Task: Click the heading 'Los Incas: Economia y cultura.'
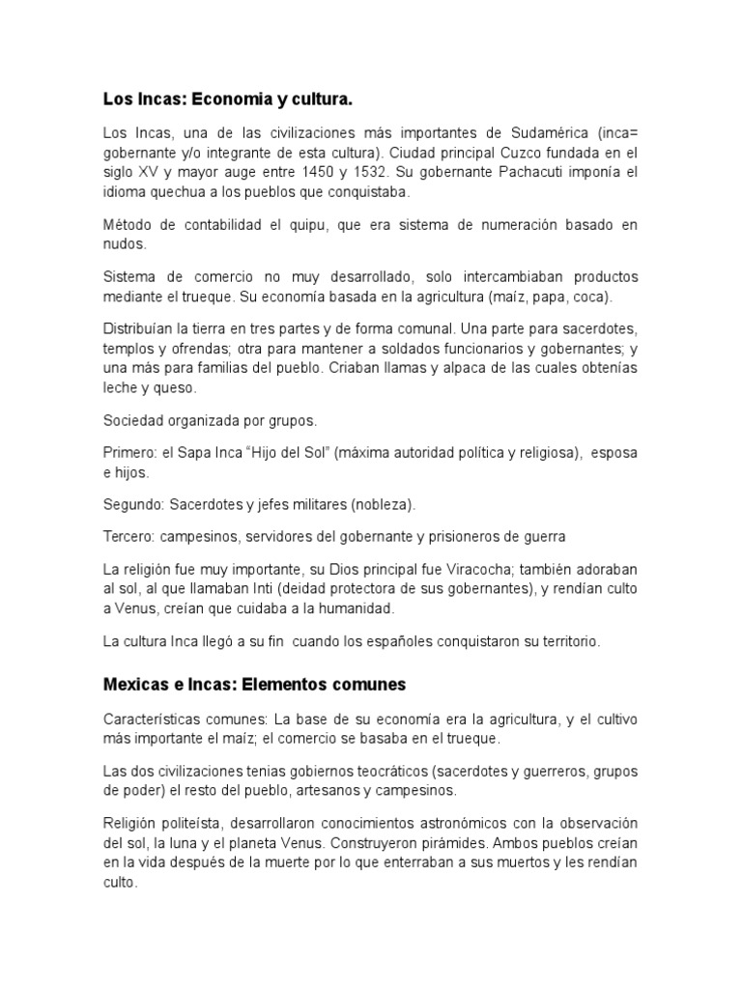pos(227,99)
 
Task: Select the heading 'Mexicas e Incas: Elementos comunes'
pos(255,684)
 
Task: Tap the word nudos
pos(125,244)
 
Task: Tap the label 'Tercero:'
pos(130,535)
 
